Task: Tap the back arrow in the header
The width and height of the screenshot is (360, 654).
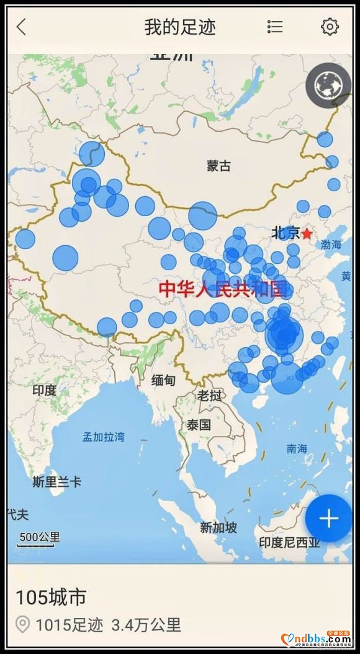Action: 22,27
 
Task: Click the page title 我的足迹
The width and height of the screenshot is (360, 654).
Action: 180,27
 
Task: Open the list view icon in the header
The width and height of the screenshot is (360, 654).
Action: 275,27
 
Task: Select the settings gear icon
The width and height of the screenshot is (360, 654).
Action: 330,27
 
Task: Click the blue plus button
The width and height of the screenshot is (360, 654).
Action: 328,519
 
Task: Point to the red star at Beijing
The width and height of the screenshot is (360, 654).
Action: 307,234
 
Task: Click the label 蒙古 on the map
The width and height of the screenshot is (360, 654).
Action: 218,166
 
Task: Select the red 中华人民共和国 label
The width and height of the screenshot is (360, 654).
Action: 224,289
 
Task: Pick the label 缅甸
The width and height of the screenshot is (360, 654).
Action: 164,380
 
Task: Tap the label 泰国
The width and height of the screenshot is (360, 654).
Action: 199,425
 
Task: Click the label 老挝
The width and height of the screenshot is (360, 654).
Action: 210,395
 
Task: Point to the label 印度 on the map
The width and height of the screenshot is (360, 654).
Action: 44,390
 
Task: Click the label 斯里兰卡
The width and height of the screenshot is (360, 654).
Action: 56,481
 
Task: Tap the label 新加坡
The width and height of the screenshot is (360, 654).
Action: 218,528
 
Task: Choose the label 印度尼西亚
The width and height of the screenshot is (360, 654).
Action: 289,542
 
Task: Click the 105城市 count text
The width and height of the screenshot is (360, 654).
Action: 51,597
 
